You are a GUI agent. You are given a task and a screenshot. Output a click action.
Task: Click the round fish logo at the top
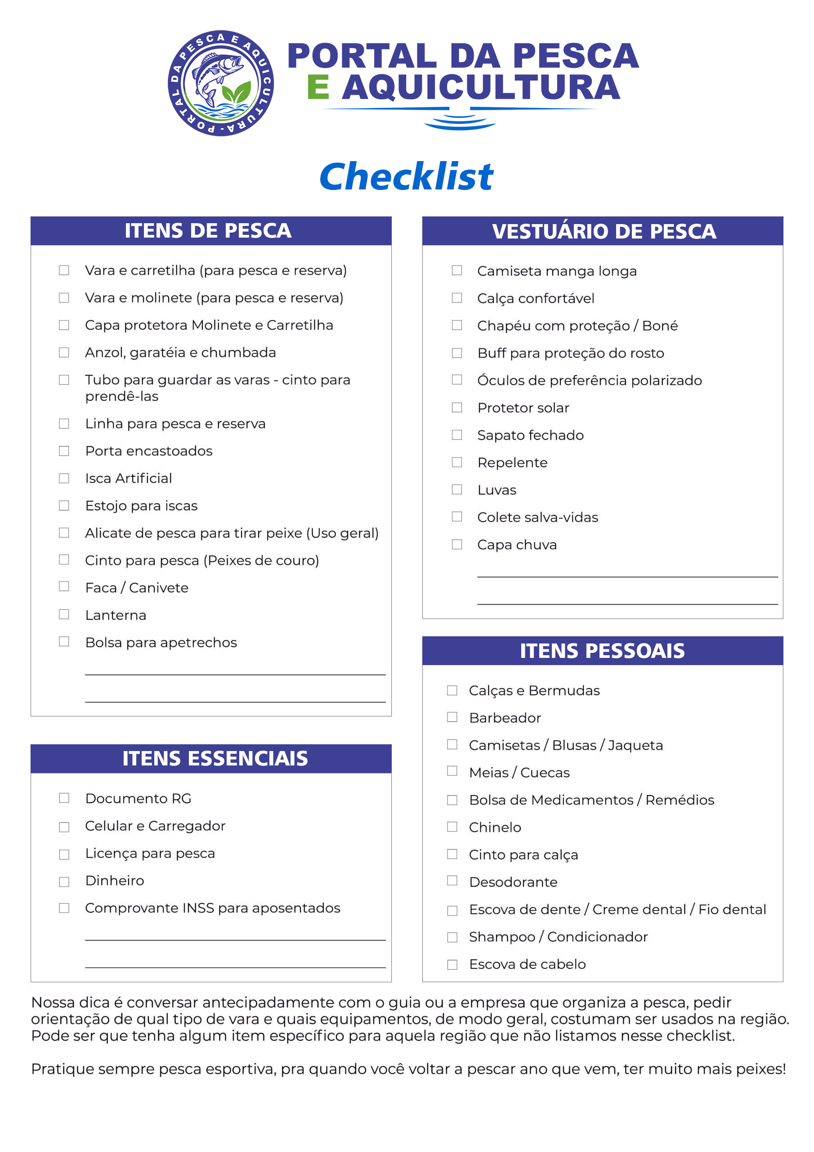click(x=221, y=83)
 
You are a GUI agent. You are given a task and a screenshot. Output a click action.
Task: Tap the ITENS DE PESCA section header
click(x=208, y=231)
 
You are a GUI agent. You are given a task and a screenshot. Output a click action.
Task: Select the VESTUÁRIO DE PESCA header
click(x=604, y=231)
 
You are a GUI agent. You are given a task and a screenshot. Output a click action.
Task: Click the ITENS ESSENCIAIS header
click(x=215, y=758)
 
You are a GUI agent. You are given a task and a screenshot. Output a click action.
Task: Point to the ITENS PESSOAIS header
click(x=602, y=651)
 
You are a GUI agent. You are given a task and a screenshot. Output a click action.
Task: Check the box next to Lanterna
click(x=64, y=614)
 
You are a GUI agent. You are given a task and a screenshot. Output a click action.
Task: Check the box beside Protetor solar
click(x=457, y=407)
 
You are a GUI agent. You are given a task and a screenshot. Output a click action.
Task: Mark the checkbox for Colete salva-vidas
click(x=457, y=516)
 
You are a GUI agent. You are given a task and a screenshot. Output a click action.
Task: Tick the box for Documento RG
click(x=64, y=798)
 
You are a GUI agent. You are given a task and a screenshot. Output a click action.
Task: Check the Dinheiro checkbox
click(x=64, y=882)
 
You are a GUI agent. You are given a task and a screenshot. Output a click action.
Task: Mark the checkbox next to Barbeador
click(x=452, y=717)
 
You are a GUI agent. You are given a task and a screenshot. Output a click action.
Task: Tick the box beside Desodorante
click(x=452, y=881)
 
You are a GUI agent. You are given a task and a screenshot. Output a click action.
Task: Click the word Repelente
click(x=512, y=463)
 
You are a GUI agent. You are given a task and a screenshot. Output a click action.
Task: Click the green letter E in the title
click(x=318, y=87)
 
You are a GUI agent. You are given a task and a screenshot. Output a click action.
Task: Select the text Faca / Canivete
click(x=137, y=588)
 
